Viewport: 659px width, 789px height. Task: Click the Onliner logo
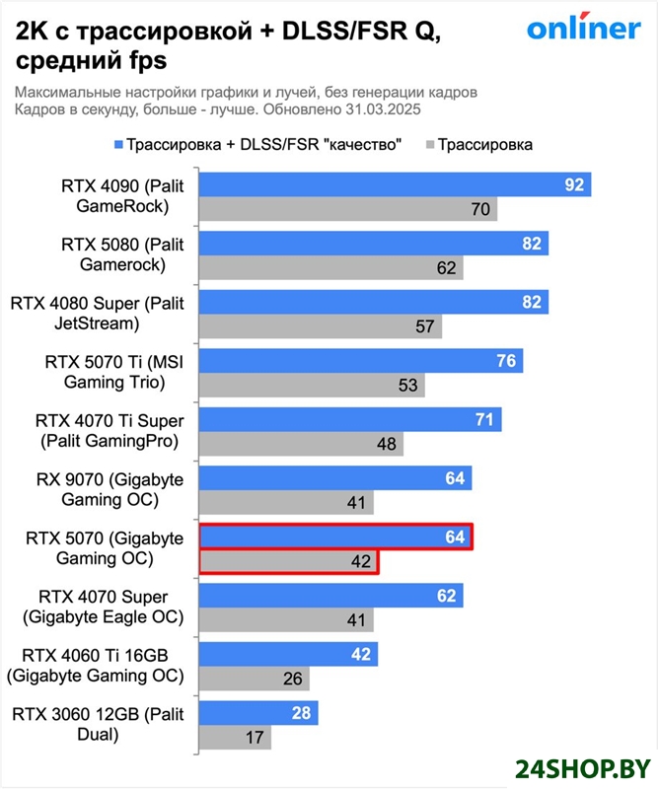tap(583, 29)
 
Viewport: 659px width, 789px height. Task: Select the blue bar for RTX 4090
tap(395, 184)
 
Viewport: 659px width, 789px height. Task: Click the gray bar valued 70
tap(348, 209)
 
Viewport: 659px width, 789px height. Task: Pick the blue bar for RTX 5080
tap(374, 244)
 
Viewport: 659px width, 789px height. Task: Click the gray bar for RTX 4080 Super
tap(321, 326)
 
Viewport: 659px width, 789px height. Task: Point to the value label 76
tap(506, 361)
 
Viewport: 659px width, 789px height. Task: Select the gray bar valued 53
tap(312, 385)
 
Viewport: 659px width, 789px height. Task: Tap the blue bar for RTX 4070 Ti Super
tap(349, 420)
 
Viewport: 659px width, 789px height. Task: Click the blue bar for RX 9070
tap(335, 478)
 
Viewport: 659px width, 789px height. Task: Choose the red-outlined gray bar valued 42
tap(289, 562)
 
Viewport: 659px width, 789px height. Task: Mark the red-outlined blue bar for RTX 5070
tap(335, 538)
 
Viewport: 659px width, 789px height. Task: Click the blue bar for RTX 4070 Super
tap(331, 596)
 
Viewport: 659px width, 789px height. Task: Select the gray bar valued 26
tap(255, 679)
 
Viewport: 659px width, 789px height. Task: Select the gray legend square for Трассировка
tap(429, 145)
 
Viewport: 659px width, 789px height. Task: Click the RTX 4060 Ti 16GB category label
tap(95, 666)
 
